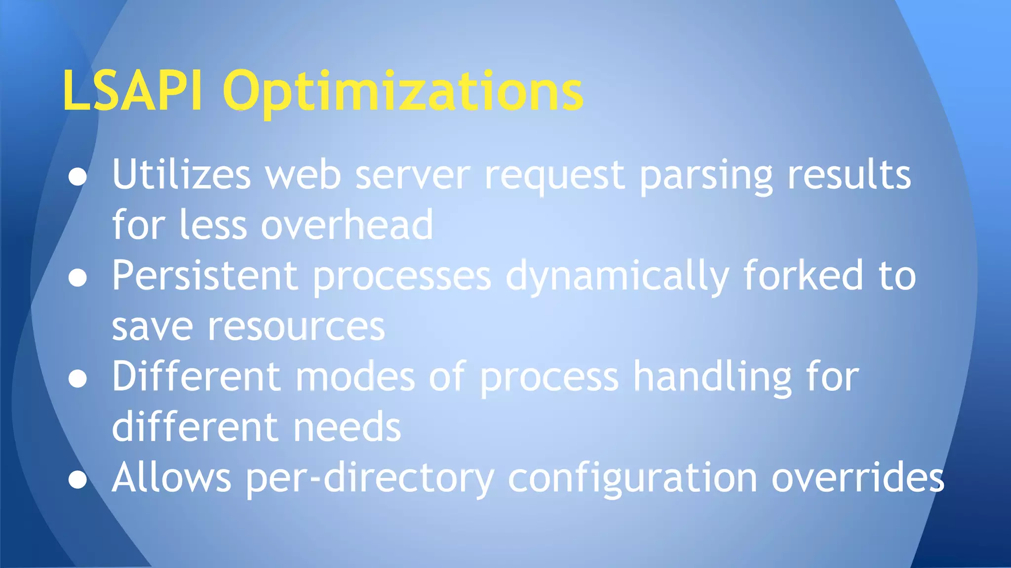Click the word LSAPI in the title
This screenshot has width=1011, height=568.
[x=132, y=91]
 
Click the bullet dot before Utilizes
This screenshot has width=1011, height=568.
[x=78, y=177]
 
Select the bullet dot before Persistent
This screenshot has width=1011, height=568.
[x=78, y=278]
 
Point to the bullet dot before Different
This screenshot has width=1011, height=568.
[x=78, y=379]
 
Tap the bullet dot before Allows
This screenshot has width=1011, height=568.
[x=78, y=479]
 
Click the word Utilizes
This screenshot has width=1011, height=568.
[x=181, y=175]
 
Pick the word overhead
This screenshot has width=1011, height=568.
[x=347, y=225]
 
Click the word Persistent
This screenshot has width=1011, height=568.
[x=204, y=276]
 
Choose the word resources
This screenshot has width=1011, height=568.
[x=296, y=327]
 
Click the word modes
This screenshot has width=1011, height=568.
[x=355, y=377]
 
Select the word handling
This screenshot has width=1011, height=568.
[x=712, y=378]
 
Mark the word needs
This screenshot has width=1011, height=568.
[x=347, y=427]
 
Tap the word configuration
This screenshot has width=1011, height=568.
[x=632, y=478]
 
